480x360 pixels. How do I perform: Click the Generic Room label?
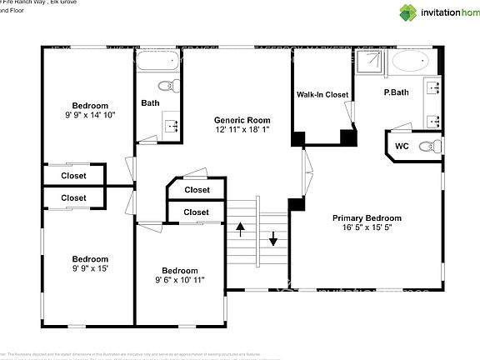point(242,118)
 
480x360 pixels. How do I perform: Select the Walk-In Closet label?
point(322,94)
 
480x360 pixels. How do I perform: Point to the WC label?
point(402,146)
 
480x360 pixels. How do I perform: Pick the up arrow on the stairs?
point(241,225)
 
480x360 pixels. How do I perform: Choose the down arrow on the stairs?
point(272,242)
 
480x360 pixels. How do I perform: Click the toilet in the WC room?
point(429,147)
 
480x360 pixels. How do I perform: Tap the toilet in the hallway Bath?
point(167,85)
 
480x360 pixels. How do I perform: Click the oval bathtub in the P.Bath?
point(409,62)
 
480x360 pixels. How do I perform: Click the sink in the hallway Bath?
point(172,126)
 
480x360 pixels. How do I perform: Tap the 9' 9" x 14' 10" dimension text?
point(90,116)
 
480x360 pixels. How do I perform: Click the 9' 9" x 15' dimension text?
point(90,270)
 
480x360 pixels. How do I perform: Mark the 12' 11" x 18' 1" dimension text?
point(242,129)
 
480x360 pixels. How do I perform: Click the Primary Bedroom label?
point(367,218)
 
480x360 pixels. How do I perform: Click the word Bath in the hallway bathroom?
point(150,103)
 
